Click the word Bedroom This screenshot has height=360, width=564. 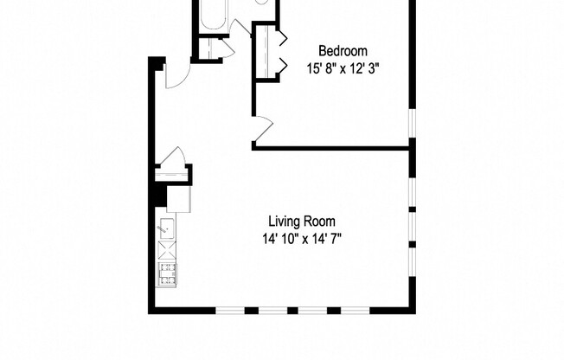343,49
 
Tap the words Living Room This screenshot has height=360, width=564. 300,221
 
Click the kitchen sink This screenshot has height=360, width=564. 166,229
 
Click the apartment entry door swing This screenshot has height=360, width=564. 173,76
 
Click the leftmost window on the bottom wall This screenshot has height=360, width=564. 229,309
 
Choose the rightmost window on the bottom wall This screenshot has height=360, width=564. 354,309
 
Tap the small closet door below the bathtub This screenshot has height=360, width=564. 221,48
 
